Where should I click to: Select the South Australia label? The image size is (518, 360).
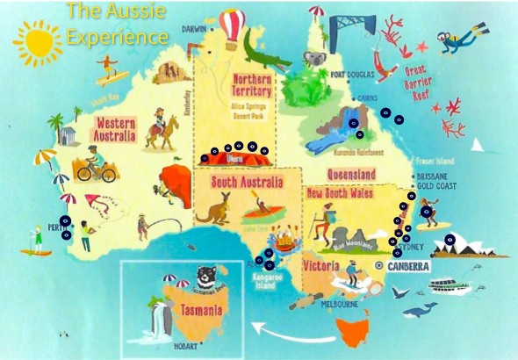[x=248, y=183]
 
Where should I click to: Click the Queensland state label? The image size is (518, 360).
[x=351, y=175]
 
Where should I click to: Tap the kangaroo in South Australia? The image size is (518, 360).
[x=213, y=208]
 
